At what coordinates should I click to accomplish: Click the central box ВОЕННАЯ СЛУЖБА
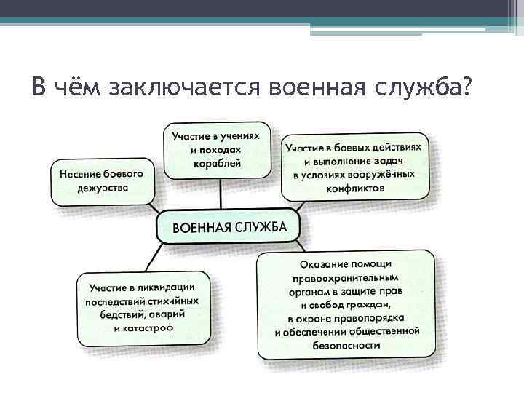click(229, 227)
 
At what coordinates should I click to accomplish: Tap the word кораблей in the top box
click(218, 164)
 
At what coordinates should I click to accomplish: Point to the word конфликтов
click(356, 188)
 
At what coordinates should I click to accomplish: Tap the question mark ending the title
click(466, 87)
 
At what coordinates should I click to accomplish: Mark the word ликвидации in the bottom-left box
click(173, 287)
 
